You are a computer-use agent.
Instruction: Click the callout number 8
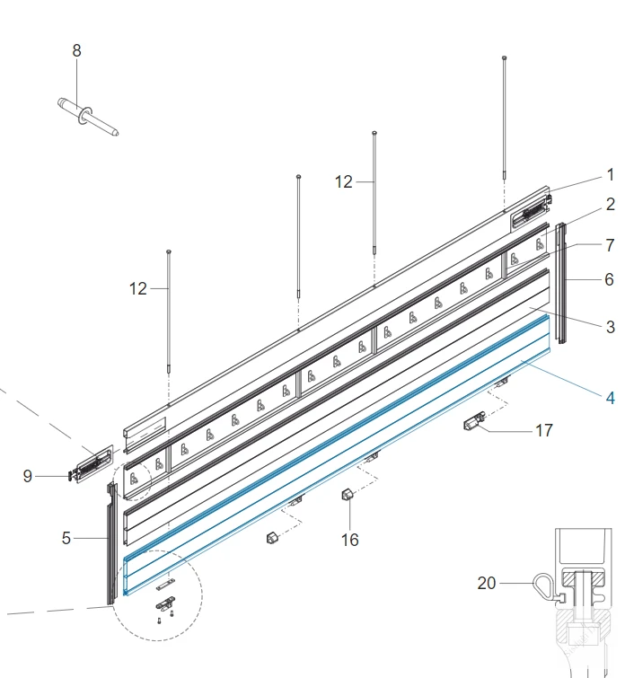[x=76, y=50]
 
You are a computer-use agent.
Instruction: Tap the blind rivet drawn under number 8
[x=88, y=117]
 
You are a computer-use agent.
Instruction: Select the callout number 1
[x=611, y=175]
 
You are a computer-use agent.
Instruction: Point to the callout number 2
[x=611, y=204]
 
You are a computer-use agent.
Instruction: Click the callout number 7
[x=610, y=245]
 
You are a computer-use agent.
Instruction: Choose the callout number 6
[x=610, y=279]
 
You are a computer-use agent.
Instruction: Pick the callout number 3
[x=611, y=327]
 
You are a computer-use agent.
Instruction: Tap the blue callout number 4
[x=611, y=398]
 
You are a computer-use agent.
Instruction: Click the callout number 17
[x=543, y=431]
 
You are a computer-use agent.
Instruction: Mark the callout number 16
[x=350, y=540]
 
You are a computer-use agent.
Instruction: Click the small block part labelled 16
[x=348, y=494]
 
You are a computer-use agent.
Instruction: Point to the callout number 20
[x=487, y=583]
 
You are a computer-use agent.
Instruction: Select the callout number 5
[x=66, y=538]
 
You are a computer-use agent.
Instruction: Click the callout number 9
[x=27, y=476]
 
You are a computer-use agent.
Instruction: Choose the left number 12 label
[x=138, y=289]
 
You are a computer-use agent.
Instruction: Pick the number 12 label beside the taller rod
[x=344, y=182]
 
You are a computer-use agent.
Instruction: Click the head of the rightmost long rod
[x=504, y=57]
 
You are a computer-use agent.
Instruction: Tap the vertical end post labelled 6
[x=561, y=283]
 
